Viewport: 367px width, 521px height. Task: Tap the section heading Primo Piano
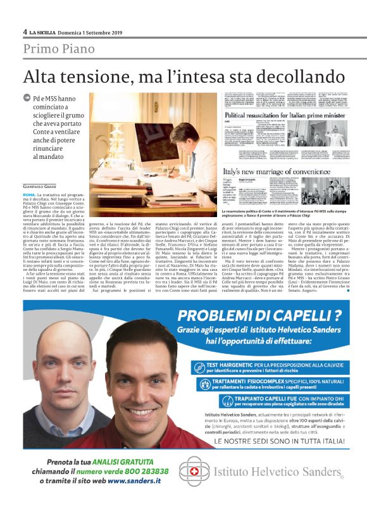[59, 49]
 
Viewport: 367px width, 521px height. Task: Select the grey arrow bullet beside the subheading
[26, 98]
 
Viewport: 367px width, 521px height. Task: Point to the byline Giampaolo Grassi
[40, 168]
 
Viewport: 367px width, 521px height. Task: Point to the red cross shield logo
[194, 472]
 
